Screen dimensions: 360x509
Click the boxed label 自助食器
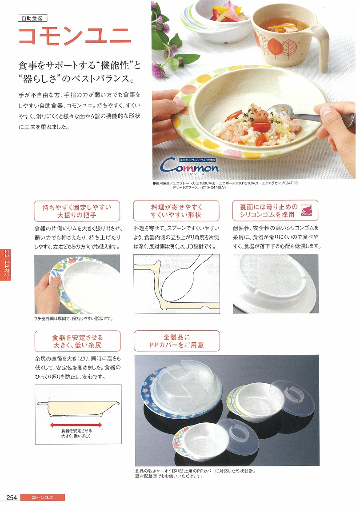click(32, 18)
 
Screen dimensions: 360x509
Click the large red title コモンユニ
click(75, 36)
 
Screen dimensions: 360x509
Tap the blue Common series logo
click(189, 167)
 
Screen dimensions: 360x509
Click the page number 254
click(12, 497)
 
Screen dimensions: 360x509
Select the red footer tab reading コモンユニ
click(43, 497)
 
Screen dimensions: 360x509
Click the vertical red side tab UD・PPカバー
click(6, 264)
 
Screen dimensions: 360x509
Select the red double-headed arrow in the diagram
click(76, 424)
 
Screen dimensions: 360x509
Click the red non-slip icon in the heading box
click(306, 211)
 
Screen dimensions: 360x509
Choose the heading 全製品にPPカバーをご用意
click(176, 341)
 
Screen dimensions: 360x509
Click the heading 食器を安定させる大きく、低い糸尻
click(78, 341)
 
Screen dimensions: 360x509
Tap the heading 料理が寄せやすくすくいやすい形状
click(176, 211)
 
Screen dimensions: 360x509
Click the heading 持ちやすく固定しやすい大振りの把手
click(77, 211)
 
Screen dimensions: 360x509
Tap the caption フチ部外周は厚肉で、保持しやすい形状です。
click(74, 319)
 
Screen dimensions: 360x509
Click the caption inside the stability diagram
click(76, 433)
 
